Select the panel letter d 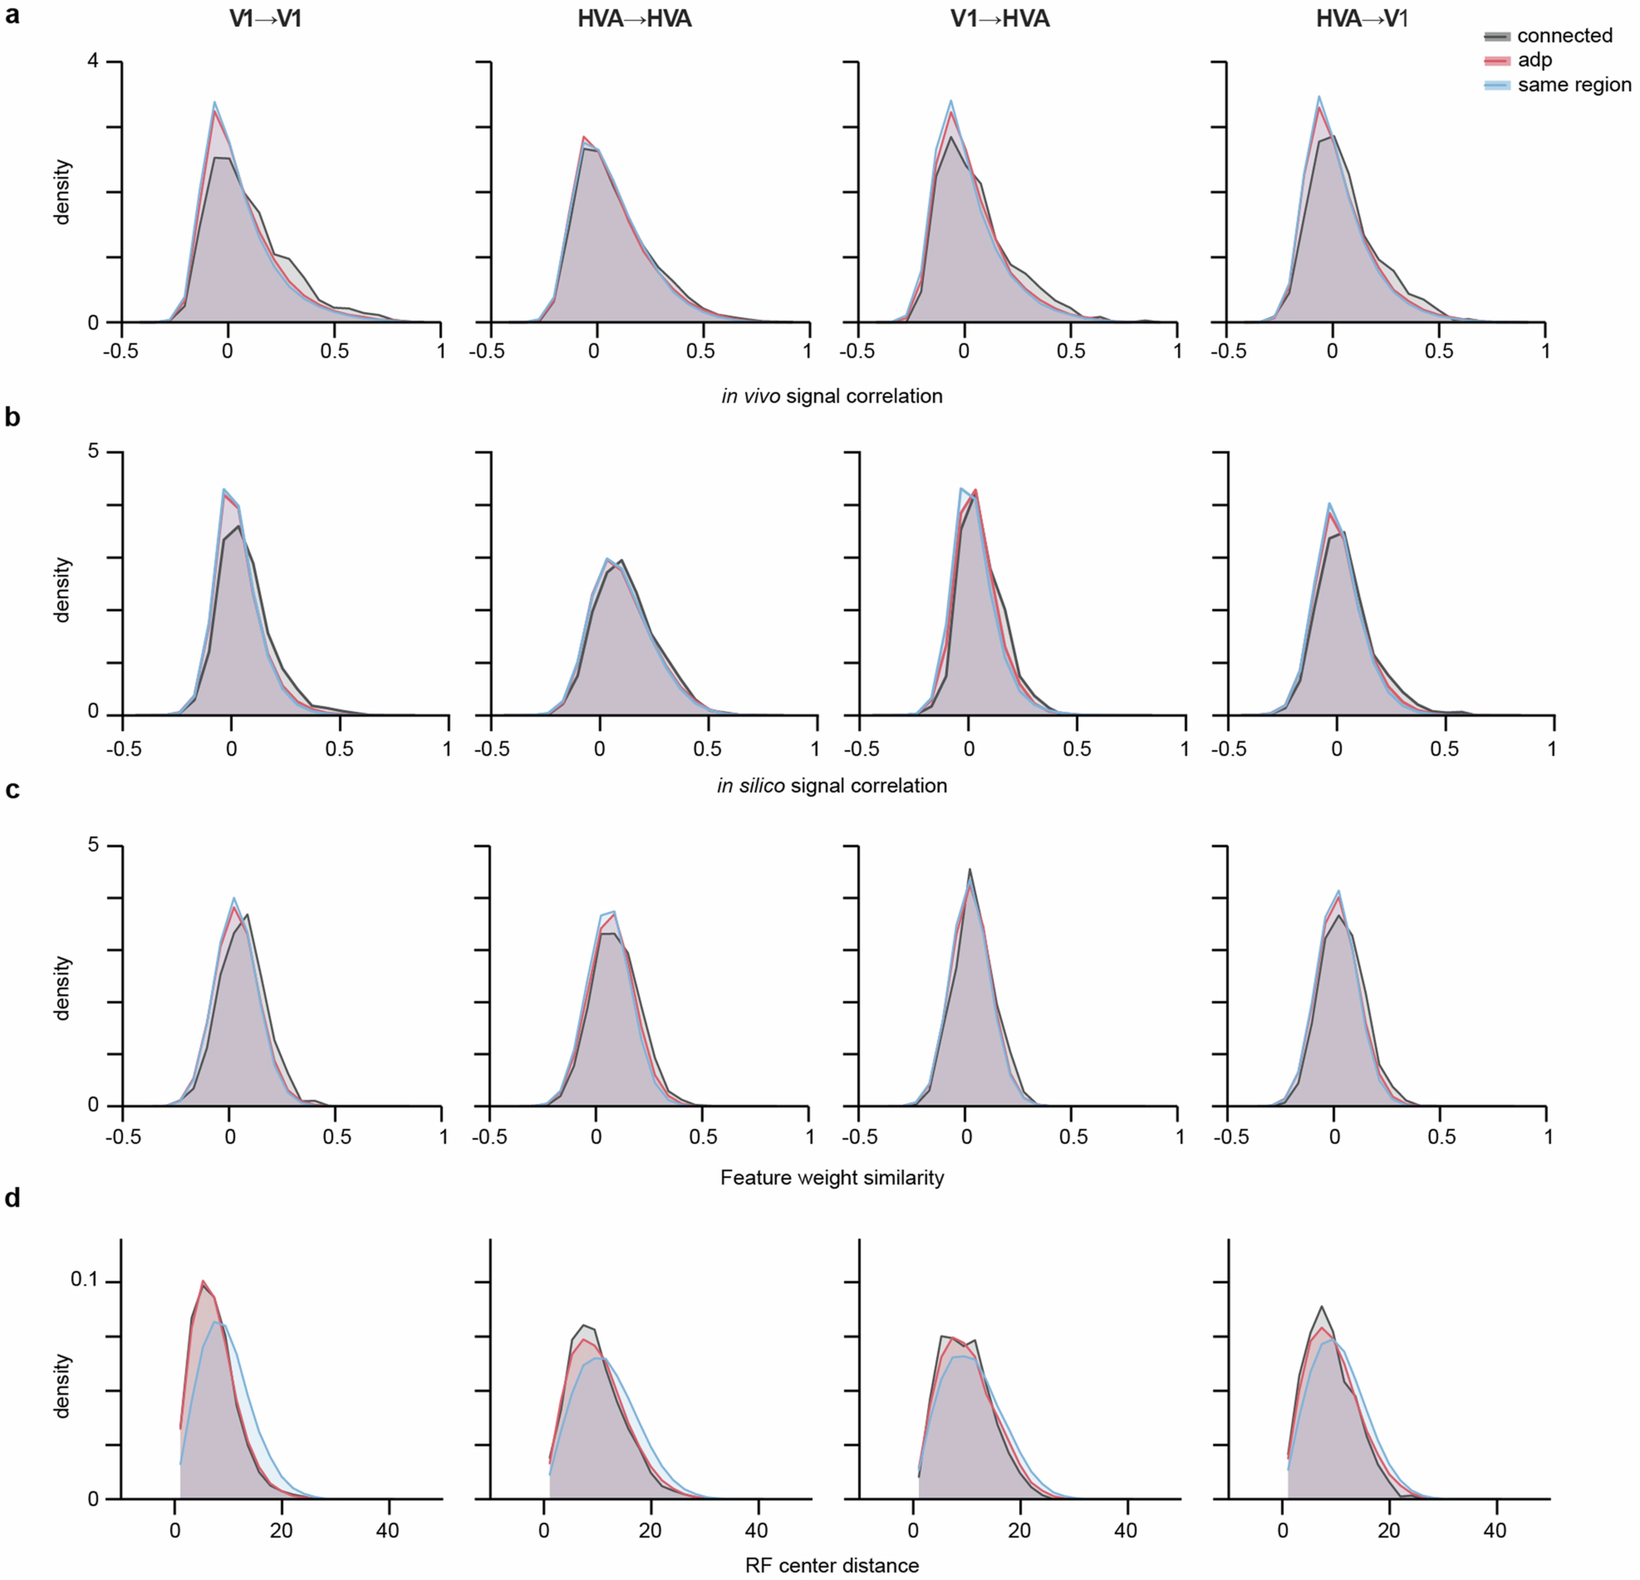12,1198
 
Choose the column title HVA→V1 1362,18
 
